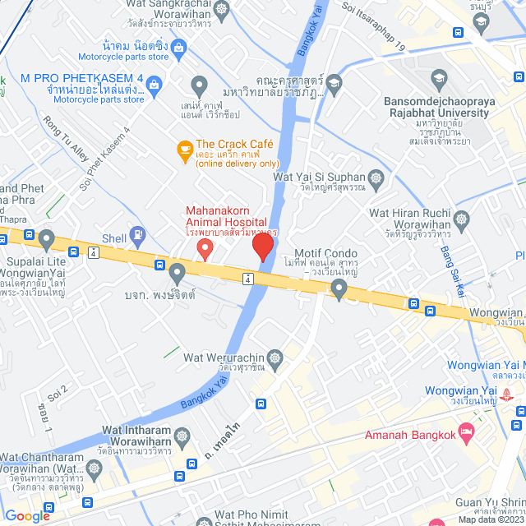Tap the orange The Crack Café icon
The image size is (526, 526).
point(185,150)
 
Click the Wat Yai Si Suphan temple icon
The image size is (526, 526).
point(376,178)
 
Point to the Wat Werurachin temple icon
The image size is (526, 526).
point(275,358)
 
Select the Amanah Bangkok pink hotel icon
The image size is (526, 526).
point(467,430)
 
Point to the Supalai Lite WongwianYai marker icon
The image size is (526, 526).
point(47,240)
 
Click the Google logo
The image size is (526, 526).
point(28,515)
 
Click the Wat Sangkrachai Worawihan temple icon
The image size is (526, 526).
point(221,9)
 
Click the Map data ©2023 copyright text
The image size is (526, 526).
point(491,519)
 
